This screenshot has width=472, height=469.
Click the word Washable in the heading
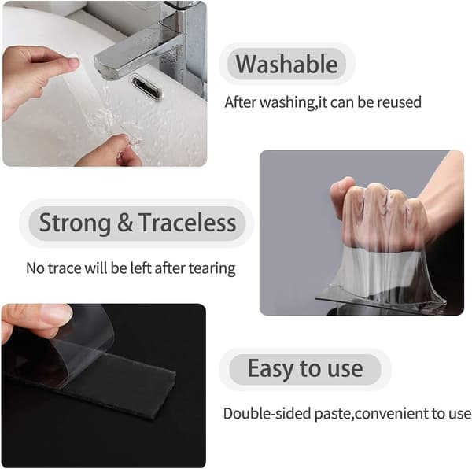coord(286,64)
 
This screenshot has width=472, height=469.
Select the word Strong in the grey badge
coord(75,223)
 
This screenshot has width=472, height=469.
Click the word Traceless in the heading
coord(187,223)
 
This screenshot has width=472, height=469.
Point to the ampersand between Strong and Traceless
coord(124,223)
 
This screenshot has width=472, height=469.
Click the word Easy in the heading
coord(271,369)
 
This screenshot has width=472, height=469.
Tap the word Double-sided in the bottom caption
coord(267,414)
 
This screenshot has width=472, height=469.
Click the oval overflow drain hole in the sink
coord(147,87)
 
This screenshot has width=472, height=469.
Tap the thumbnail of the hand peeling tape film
coord(104,386)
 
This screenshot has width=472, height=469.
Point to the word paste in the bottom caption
coord(333,415)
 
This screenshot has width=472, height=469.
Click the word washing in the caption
coord(287,103)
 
